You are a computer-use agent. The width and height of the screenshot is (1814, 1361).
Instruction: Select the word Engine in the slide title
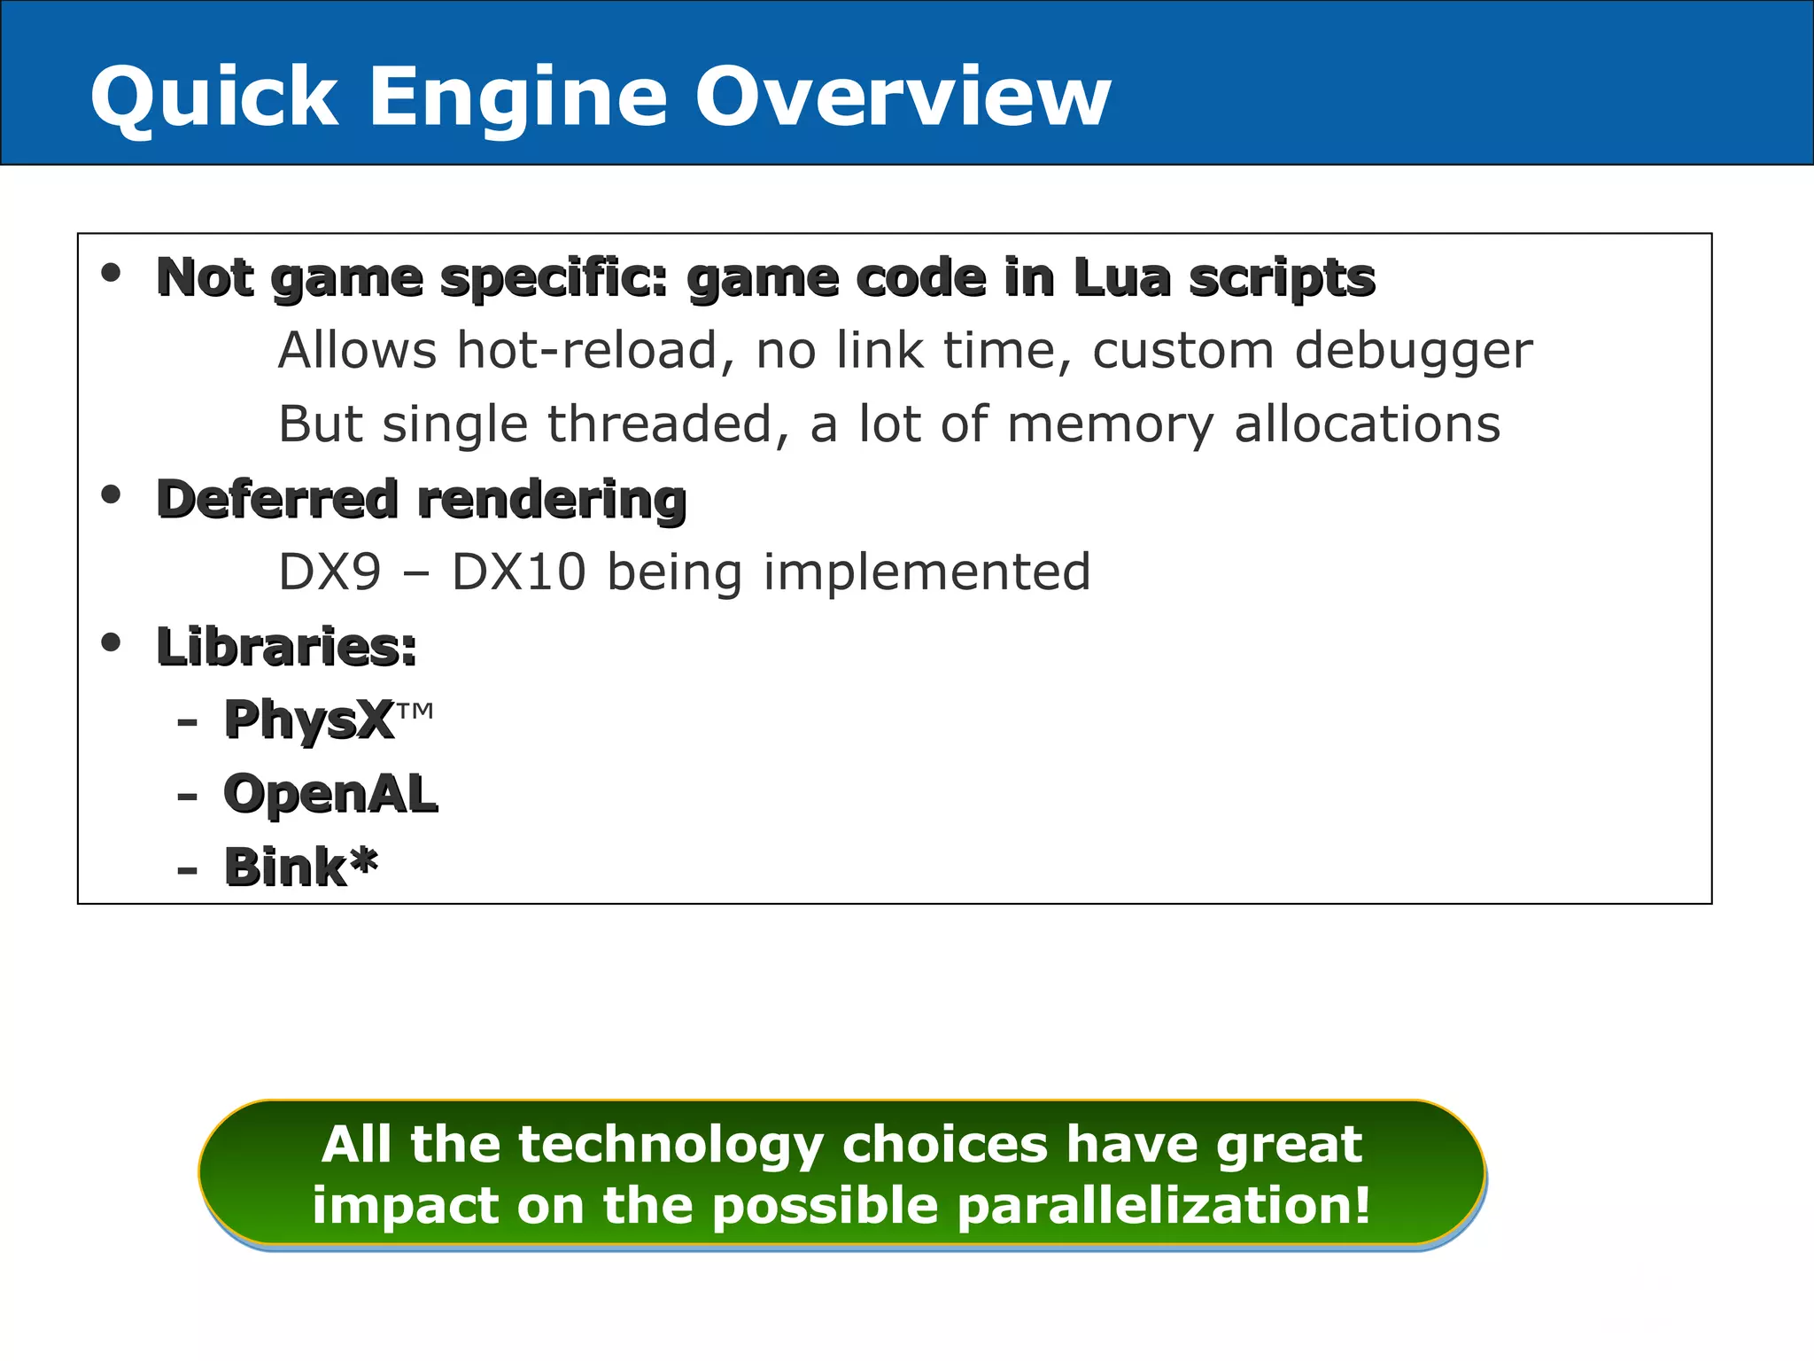(x=517, y=98)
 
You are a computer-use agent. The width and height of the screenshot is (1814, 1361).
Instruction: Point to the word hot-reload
(x=595, y=350)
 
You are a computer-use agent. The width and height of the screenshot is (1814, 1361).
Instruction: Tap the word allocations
(x=1368, y=424)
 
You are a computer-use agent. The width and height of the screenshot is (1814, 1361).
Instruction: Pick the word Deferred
(x=277, y=498)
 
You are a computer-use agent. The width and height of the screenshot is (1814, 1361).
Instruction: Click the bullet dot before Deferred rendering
(x=111, y=494)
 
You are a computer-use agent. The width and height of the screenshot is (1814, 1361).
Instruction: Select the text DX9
(x=329, y=572)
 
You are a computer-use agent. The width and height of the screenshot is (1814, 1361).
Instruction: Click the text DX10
(x=519, y=572)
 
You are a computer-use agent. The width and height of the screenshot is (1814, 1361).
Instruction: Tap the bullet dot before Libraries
(x=111, y=642)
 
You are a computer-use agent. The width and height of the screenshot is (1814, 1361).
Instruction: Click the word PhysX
(x=308, y=719)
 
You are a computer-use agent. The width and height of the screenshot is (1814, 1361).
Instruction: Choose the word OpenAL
(x=330, y=793)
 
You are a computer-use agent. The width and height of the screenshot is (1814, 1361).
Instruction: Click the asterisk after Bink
(x=362, y=859)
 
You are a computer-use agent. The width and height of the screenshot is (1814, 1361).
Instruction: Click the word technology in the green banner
(x=671, y=1145)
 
